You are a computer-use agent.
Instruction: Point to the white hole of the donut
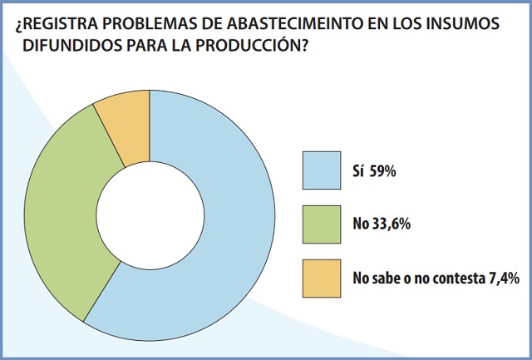point(150,215)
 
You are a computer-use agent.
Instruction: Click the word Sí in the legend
point(357,173)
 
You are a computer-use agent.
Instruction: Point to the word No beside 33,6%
point(359,225)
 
